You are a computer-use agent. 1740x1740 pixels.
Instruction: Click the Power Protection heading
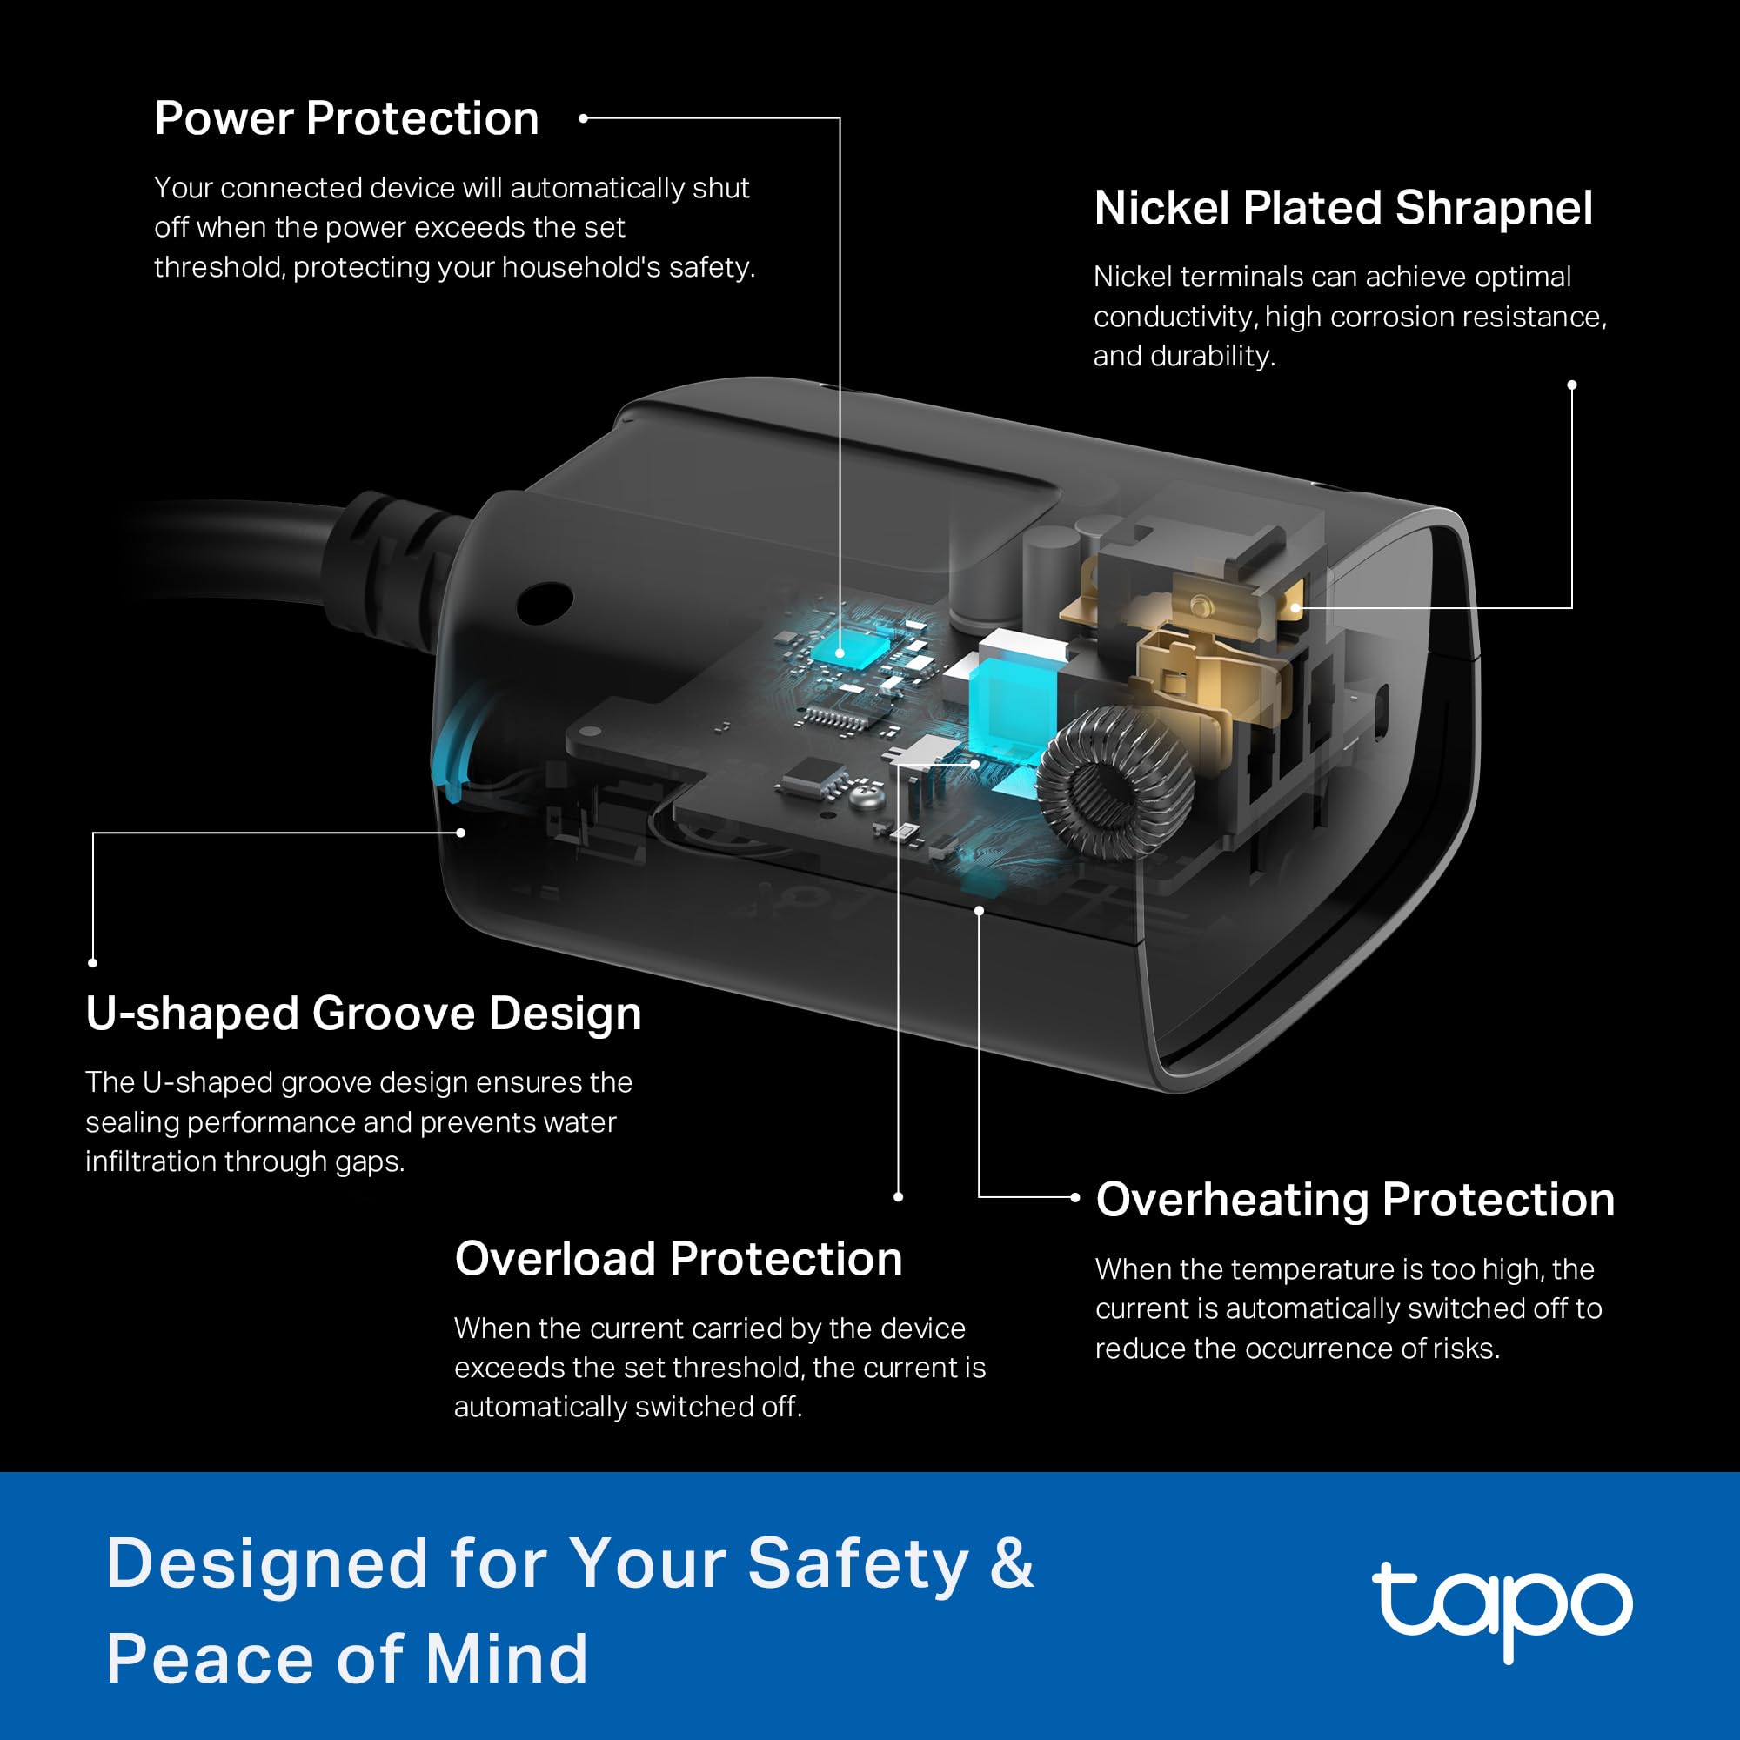(x=347, y=118)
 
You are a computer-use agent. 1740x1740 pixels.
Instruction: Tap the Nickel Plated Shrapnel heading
(x=1342, y=208)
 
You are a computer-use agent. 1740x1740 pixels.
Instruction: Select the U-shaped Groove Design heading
(x=363, y=1014)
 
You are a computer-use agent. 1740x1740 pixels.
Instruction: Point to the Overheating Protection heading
(x=1355, y=1200)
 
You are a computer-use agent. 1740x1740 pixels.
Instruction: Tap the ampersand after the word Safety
(x=1013, y=1563)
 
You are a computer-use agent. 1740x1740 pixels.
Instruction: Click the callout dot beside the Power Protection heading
(x=584, y=118)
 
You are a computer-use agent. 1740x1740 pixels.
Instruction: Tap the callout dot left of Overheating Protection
(x=1074, y=1197)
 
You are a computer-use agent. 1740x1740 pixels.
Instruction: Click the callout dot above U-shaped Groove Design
(x=93, y=963)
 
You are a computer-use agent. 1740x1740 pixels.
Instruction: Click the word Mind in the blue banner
(x=506, y=1659)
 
